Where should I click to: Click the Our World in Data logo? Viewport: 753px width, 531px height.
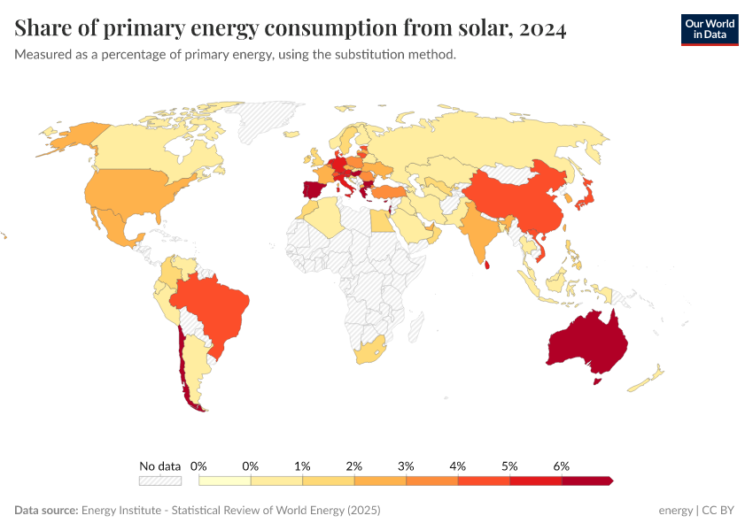pos(709,29)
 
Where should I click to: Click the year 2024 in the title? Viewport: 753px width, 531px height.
pos(539,29)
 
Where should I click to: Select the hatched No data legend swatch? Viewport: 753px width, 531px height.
pos(159,481)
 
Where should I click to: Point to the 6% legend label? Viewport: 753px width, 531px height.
pos(561,466)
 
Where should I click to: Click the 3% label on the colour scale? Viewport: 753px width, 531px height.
pos(406,466)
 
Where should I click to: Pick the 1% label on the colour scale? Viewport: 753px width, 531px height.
pos(302,466)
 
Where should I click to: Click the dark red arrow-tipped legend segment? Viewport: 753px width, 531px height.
pos(586,481)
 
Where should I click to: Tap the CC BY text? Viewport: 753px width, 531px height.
pos(719,511)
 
